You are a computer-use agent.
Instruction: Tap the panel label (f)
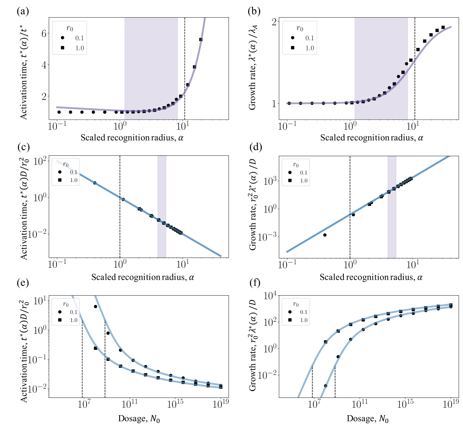tap(255, 283)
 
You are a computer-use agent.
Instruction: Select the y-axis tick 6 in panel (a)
tap(44, 33)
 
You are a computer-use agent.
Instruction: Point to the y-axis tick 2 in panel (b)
tap(274, 22)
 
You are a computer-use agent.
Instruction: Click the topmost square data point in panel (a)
tap(201, 40)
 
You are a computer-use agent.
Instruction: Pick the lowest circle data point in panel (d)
tap(325, 235)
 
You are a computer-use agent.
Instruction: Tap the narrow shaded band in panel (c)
tap(162, 206)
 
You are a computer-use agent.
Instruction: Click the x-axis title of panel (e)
tap(139, 418)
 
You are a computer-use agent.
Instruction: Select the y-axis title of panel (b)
tap(252, 68)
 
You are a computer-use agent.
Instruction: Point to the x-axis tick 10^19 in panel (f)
tap(451, 405)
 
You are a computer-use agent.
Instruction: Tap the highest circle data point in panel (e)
tap(95, 307)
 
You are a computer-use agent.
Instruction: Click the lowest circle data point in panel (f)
tap(325, 386)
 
